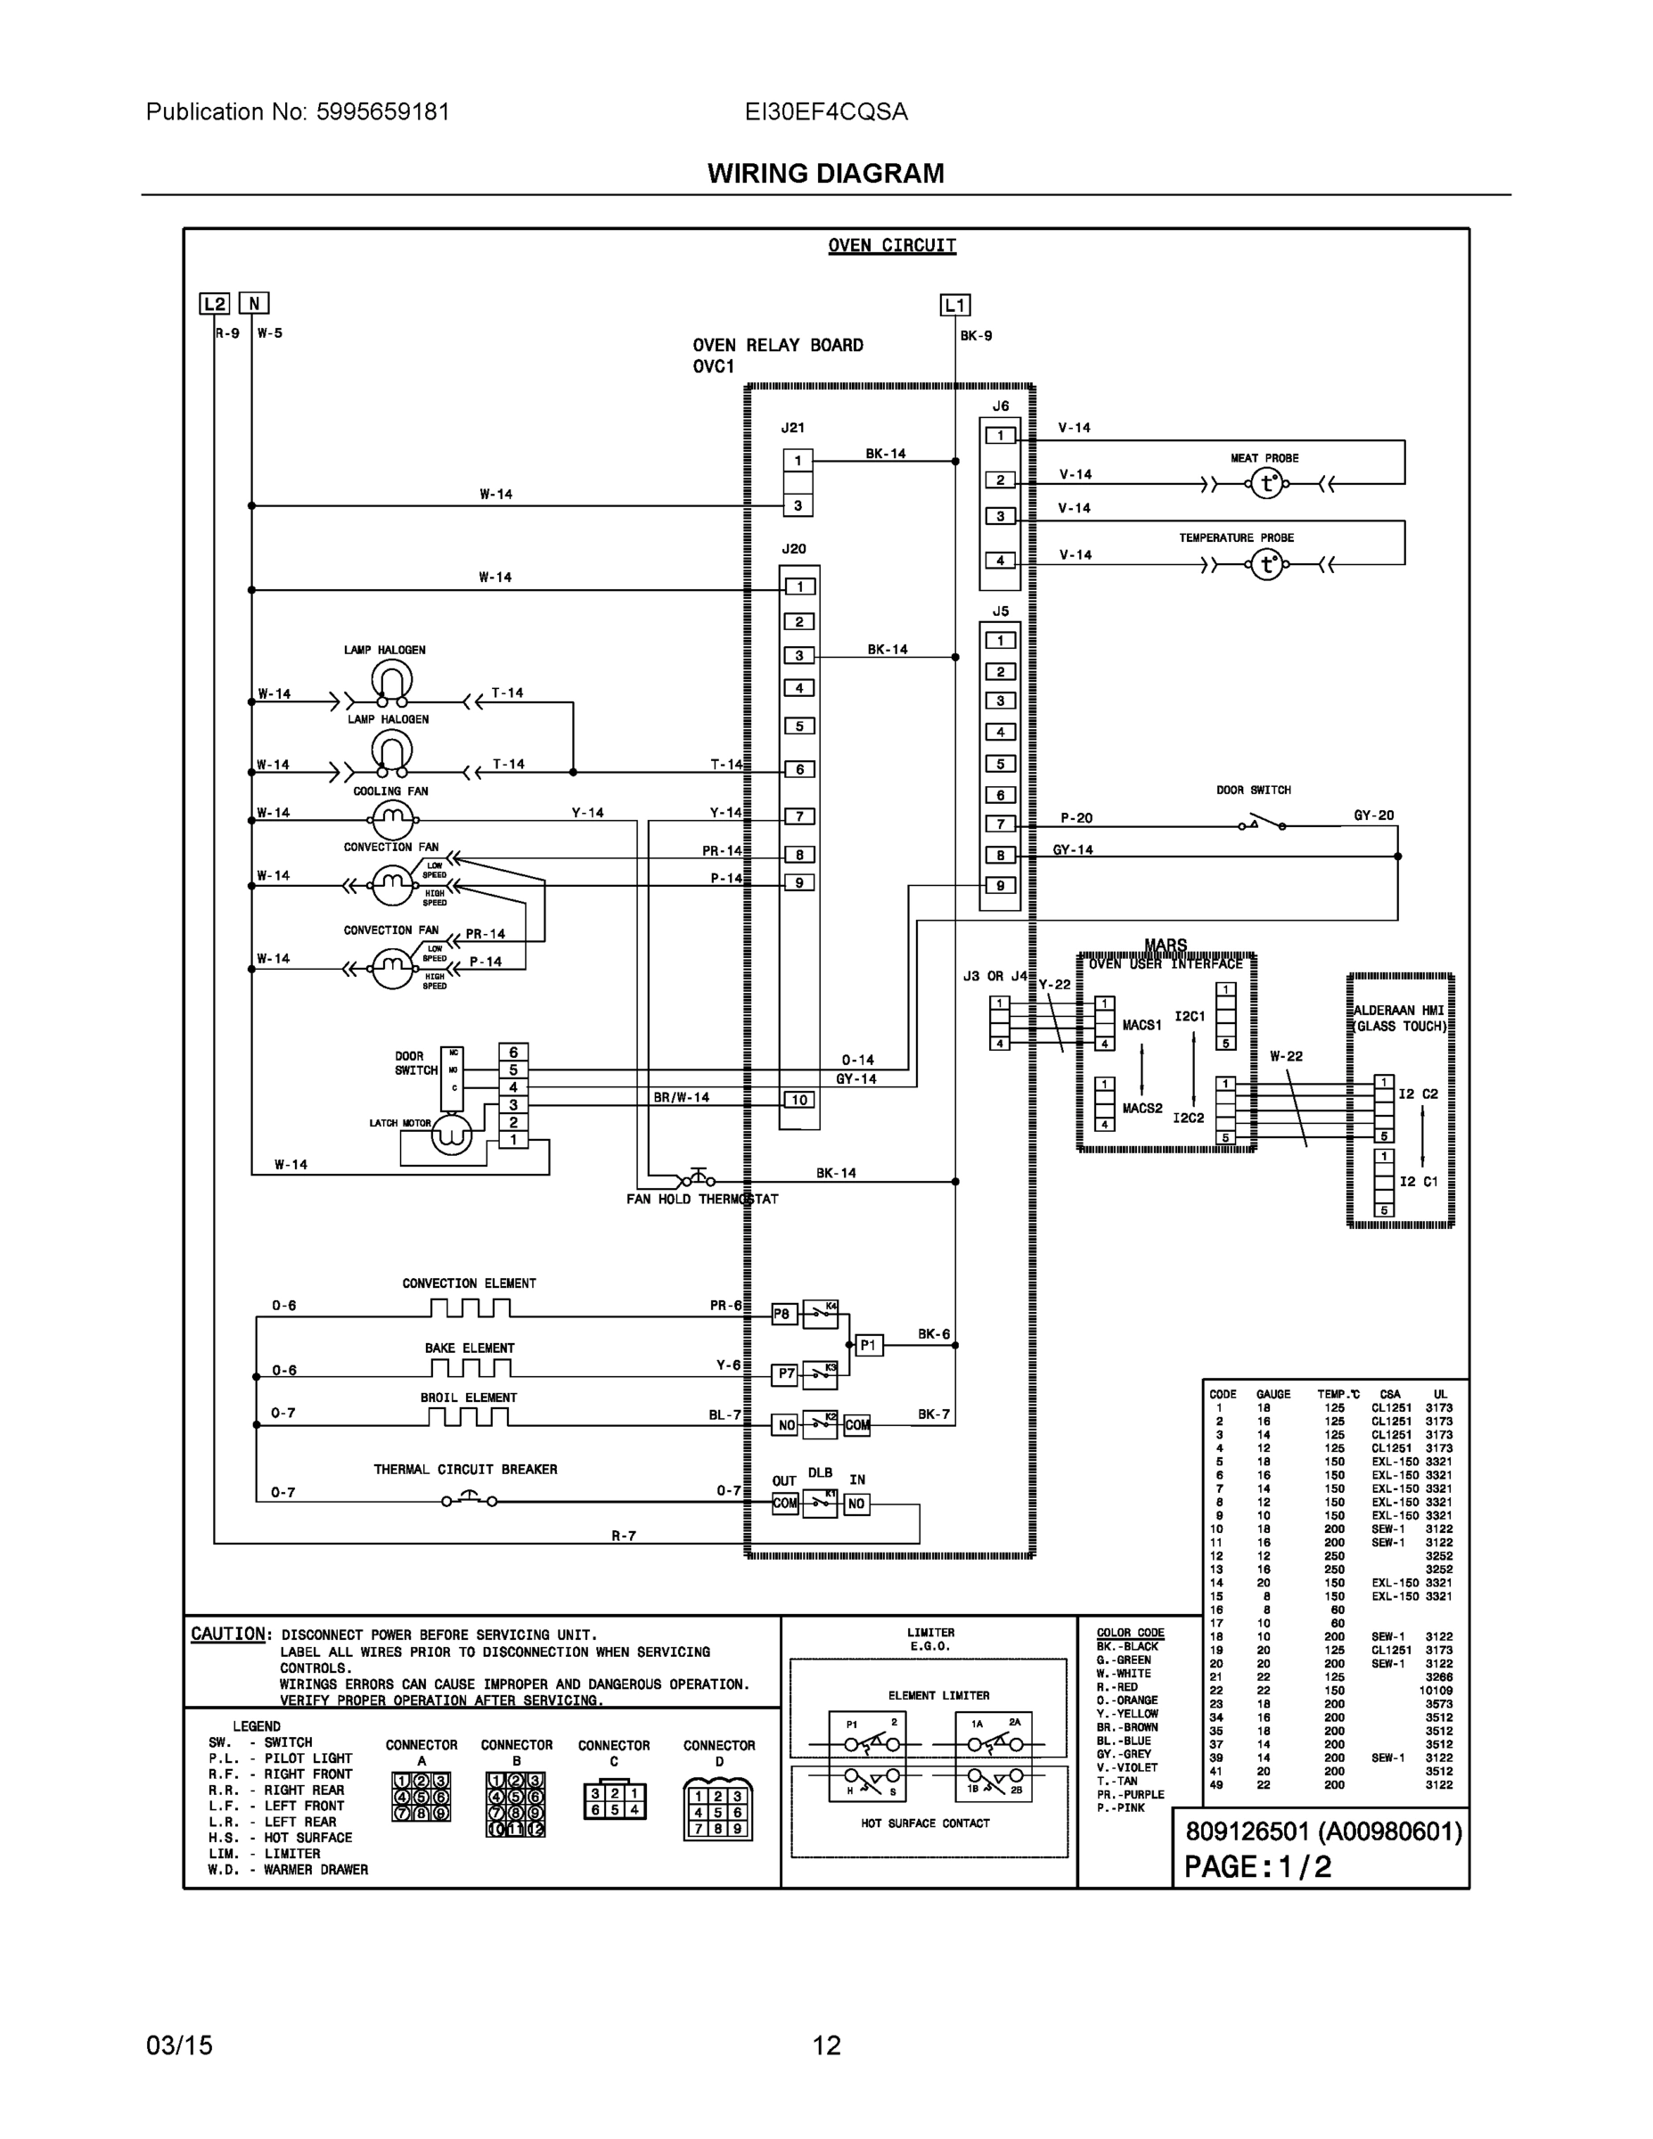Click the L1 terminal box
pyautogui.click(x=954, y=305)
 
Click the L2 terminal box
pyautogui.click(x=215, y=304)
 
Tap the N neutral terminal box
pyautogui.click(x=254, y=304)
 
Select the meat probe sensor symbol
pyautogui.click(x=1267, y=483)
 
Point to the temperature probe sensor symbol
pyautogui.click(x=1267, y=564)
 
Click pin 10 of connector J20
pyautogui.click(x=799, y=1099)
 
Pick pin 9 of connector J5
pyautogui.click(x=1000, y=885)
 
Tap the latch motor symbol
pyautogui.click(x=452, y=1135)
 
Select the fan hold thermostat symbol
pyautogui.click(x=696, y=1179)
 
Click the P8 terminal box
pyautogui.click(x=782, y=1315)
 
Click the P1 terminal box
pyautogui.click(x=869, y=1345)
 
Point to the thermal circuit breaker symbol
pyautogui.click(x=468, y=1498)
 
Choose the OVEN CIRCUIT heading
pyautogui.click(x=891, y=245)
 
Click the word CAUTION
pyautogui.click(x=227, y=1634)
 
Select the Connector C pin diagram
pyautogui.click(x=614, y=1800)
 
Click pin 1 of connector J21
pyautogui.click(x=798, y=460)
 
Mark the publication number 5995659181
pyautogui.click(x=382, y=111)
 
